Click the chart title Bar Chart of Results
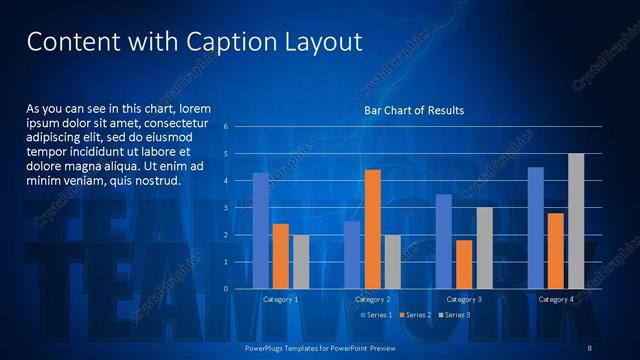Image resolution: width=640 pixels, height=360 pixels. [413, 110]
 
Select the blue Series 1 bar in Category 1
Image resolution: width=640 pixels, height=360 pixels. [260, 231]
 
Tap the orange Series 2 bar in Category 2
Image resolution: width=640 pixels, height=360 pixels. [372, 229]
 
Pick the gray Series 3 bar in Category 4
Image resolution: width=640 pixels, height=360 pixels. [576, 221]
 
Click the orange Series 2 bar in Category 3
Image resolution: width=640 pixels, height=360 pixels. [464, 264]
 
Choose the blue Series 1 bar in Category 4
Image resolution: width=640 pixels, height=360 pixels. [536, 228]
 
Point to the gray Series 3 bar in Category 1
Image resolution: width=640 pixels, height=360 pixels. [301, 262]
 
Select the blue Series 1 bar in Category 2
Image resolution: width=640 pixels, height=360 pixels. [352, 255]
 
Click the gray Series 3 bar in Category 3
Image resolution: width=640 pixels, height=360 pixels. [484, 248]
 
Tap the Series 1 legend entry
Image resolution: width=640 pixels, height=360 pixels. [376, 315]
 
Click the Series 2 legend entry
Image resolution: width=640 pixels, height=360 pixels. [414, 315]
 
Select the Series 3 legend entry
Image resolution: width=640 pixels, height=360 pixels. [452, 315]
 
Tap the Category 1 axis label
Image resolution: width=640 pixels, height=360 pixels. [280, 299]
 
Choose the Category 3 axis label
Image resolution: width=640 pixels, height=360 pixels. [464, 299]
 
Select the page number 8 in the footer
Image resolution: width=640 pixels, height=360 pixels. [591, 348]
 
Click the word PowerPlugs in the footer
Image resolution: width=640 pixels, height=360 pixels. [266, 348]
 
